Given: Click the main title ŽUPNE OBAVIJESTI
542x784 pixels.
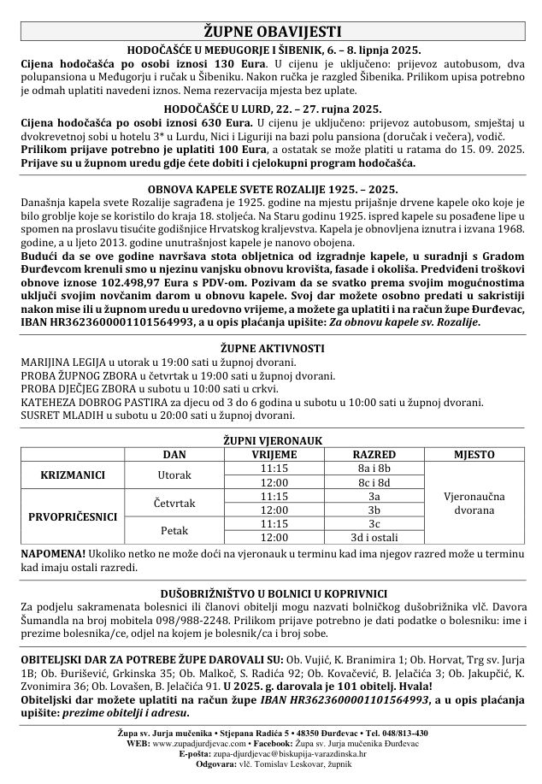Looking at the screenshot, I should [x=271, y=30].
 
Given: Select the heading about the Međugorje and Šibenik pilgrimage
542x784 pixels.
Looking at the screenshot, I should [x=271, y=50].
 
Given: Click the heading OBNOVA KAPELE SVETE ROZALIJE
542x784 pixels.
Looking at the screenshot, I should [x=271, y=188].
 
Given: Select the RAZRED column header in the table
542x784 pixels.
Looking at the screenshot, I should [x=374, y=454].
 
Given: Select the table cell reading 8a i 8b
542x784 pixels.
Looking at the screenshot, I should [x=374, y=468].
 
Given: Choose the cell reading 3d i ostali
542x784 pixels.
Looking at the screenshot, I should [x=374, y=537].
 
